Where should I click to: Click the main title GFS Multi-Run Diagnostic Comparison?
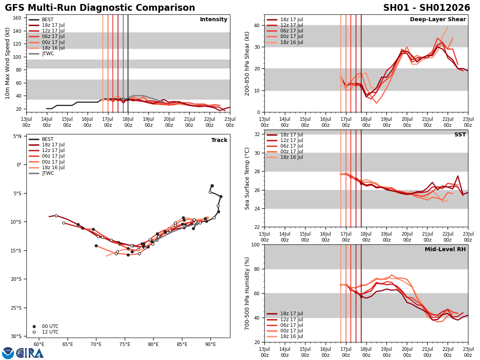point(100,8)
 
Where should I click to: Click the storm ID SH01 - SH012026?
point(426,8)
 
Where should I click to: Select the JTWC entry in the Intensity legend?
point(48,54)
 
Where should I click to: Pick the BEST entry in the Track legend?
point(48,139)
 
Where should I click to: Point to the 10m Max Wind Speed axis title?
point(8,63)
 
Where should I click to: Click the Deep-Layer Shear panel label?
point(438,20)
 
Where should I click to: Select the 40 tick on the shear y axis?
point(257,25)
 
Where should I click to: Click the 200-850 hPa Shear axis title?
point(247,63)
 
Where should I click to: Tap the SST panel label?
point(460,135)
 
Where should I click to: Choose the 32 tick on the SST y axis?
point(257,134)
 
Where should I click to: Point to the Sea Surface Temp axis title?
point(247,178)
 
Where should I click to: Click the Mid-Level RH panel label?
point(445,250)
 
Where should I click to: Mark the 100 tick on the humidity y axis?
point(255,244)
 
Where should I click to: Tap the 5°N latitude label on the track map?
point(17,136)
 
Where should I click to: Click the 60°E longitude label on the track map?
point(39,344)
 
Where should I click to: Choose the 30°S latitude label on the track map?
point(16,336)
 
